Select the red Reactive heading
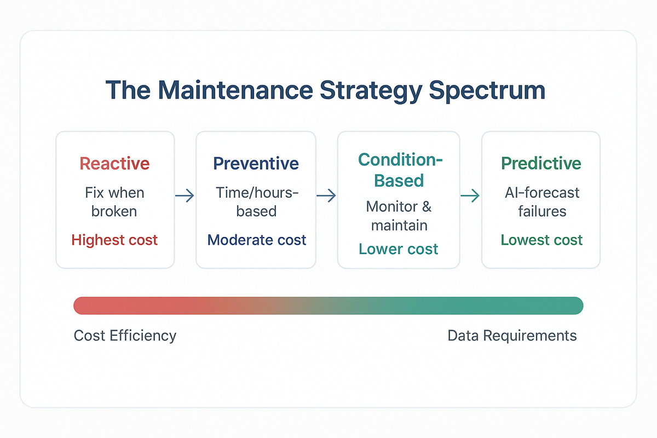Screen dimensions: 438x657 pos(114,163)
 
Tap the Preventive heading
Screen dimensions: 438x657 pos(256,163)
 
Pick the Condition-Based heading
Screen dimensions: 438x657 pos(399,170)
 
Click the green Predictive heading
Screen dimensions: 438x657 pos(541,163)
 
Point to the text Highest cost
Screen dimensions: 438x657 pos(114,240)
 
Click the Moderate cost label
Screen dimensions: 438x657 pos(256,240)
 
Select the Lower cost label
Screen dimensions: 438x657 pos(399,249)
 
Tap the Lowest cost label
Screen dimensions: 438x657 pos(541,240)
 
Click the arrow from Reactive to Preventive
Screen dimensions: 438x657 pos(185,195)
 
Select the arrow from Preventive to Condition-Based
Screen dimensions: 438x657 pos(326,195)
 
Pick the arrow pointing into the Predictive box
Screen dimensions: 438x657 pos(470,195)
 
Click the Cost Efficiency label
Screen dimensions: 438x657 pos(125,336)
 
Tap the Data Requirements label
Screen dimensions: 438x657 pos(512,336)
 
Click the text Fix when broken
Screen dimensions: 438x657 pos(114,202)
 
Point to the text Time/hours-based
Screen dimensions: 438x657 pos(256,202)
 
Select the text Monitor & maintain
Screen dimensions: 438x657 pos(399,216)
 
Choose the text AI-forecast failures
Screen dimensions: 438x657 pos(541,202)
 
